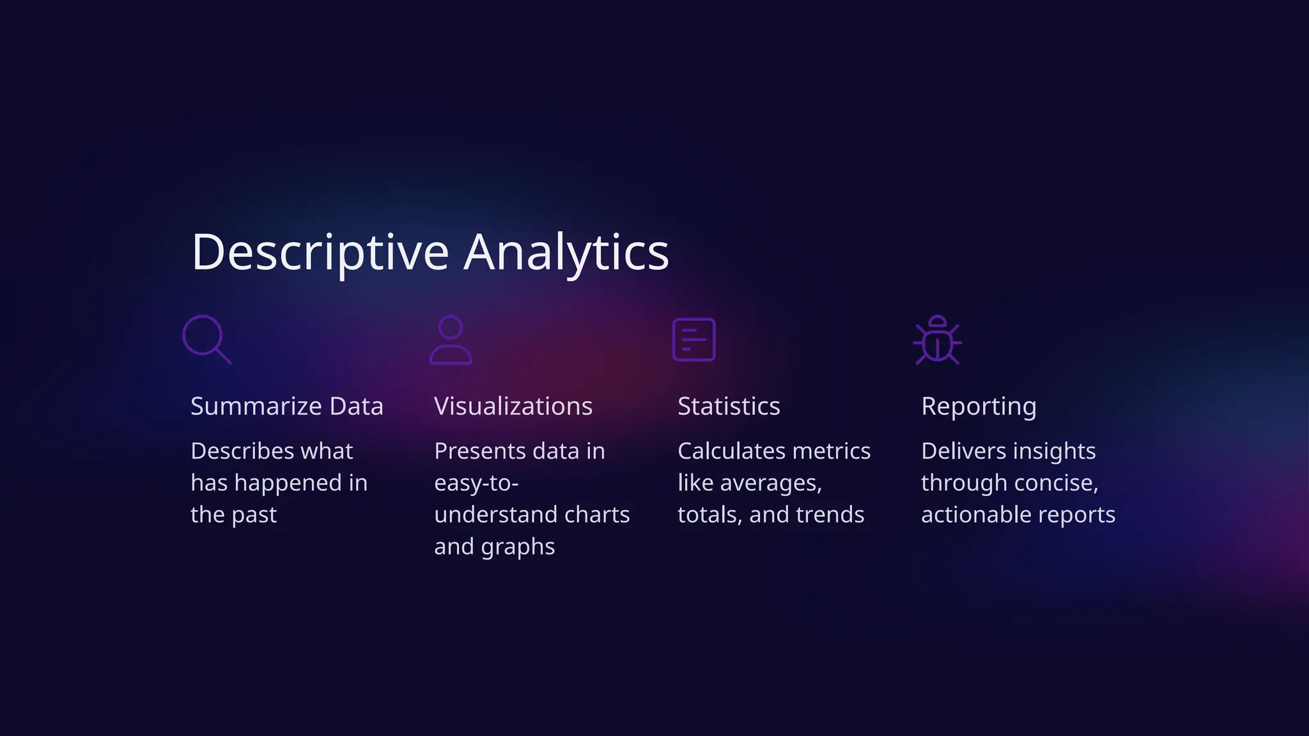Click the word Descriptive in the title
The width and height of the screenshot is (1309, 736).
[x=320, y=252]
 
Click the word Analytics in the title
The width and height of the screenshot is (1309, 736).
[x=566, y=252]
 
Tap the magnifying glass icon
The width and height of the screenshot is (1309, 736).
[x=206, y=339]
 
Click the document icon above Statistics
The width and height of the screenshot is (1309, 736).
[x=693, y=339]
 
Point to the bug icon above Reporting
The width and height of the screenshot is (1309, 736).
[x=937, y=340]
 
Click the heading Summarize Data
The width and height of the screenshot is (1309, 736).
[x=287, y=406]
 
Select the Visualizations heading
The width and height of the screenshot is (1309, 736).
[x=513, y=406]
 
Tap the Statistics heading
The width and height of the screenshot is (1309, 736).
[x=729, y=406]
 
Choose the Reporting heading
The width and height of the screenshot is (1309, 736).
[x=979, y=406]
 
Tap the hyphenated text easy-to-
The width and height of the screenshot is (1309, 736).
[x=476, y=483]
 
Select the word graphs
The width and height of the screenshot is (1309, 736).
[x=518, y=547]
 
